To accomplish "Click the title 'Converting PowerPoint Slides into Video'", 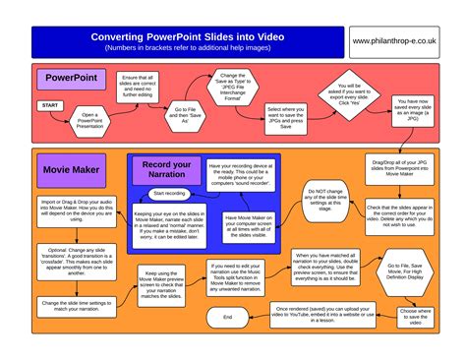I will (x=202, y=35).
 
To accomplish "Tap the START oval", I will (x=49, y=104).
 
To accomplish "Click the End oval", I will (x=227, y=318).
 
